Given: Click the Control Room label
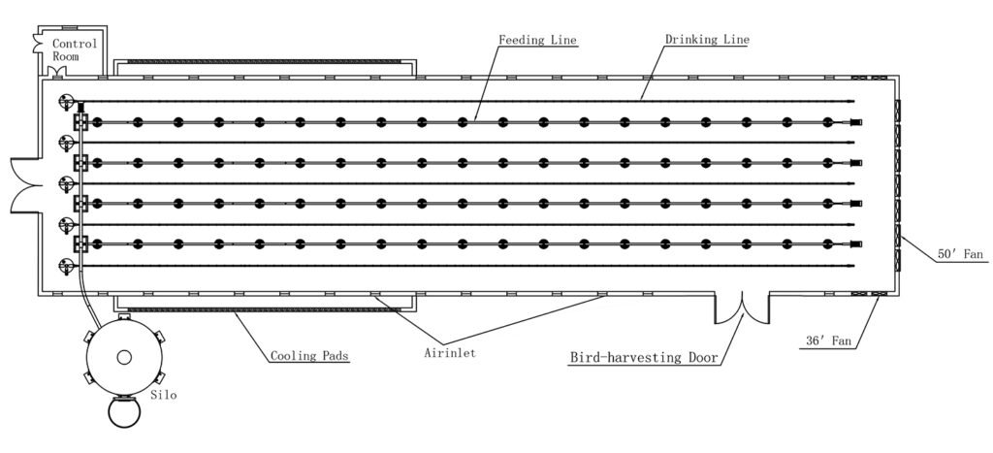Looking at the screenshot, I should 75,50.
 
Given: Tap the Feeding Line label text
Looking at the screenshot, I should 538,41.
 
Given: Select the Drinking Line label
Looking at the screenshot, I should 706,41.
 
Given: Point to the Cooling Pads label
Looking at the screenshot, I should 309,356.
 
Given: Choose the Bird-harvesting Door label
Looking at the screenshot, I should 643,358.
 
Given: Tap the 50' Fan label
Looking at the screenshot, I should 960,255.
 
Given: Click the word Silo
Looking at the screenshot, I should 164,396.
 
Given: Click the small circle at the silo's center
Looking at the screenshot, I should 124,358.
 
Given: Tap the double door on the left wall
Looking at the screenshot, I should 24,182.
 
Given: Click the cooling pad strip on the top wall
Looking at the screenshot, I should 262,62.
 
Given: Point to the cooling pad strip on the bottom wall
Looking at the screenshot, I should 252,309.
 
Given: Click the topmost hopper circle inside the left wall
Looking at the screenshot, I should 67,101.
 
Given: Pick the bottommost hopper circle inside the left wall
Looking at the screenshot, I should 67,265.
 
